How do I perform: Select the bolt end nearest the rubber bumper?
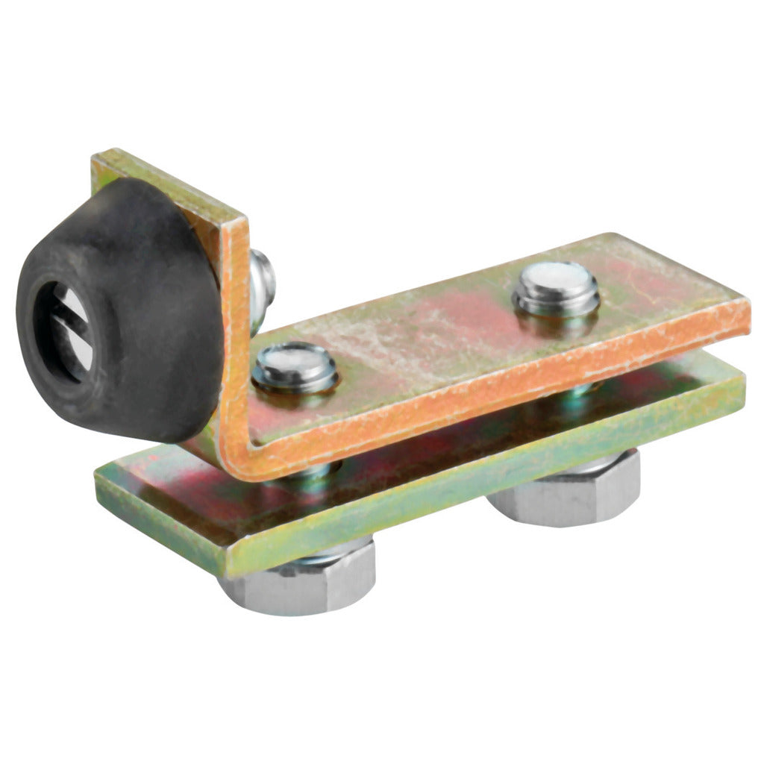295,367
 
